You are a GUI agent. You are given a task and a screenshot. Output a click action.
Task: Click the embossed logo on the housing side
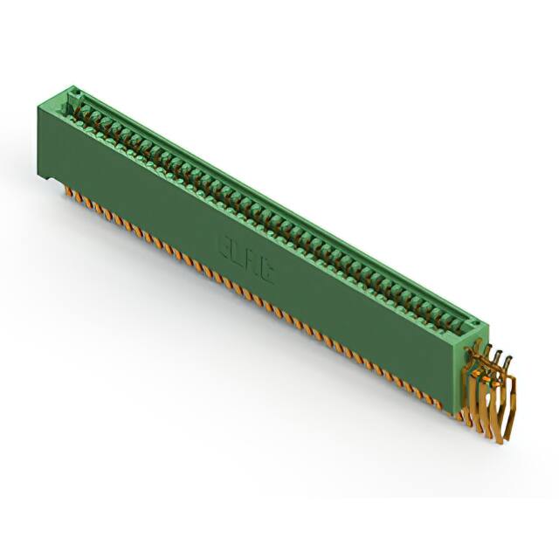click(x=247, y=259)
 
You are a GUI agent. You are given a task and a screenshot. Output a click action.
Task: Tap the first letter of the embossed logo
click(x=224, y=245)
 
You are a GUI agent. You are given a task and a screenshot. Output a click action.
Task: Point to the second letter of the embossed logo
click(x=238, y=253)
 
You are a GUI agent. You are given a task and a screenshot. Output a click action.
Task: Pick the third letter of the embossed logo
click(x=253, y=263)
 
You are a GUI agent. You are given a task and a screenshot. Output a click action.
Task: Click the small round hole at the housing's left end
click(x=76, y=90)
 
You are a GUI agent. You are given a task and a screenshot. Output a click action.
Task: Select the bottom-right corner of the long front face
click(x=459, y=404)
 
